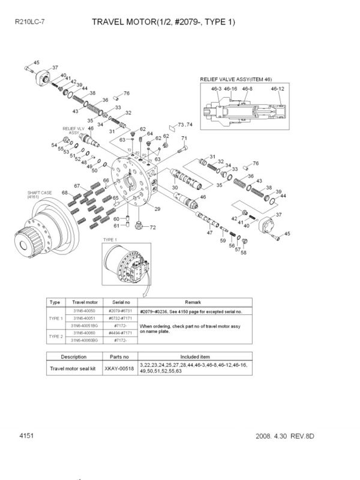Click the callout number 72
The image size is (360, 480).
tap(152, 227)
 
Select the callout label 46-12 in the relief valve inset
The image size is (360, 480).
tap(277, 88)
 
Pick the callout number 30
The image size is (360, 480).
tap(175, 188)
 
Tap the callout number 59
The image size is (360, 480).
tap(222, 241)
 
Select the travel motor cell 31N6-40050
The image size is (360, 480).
tap(85, 311)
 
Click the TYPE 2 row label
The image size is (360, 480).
tap(55, 337)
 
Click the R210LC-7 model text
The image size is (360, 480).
tap(29, 22)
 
